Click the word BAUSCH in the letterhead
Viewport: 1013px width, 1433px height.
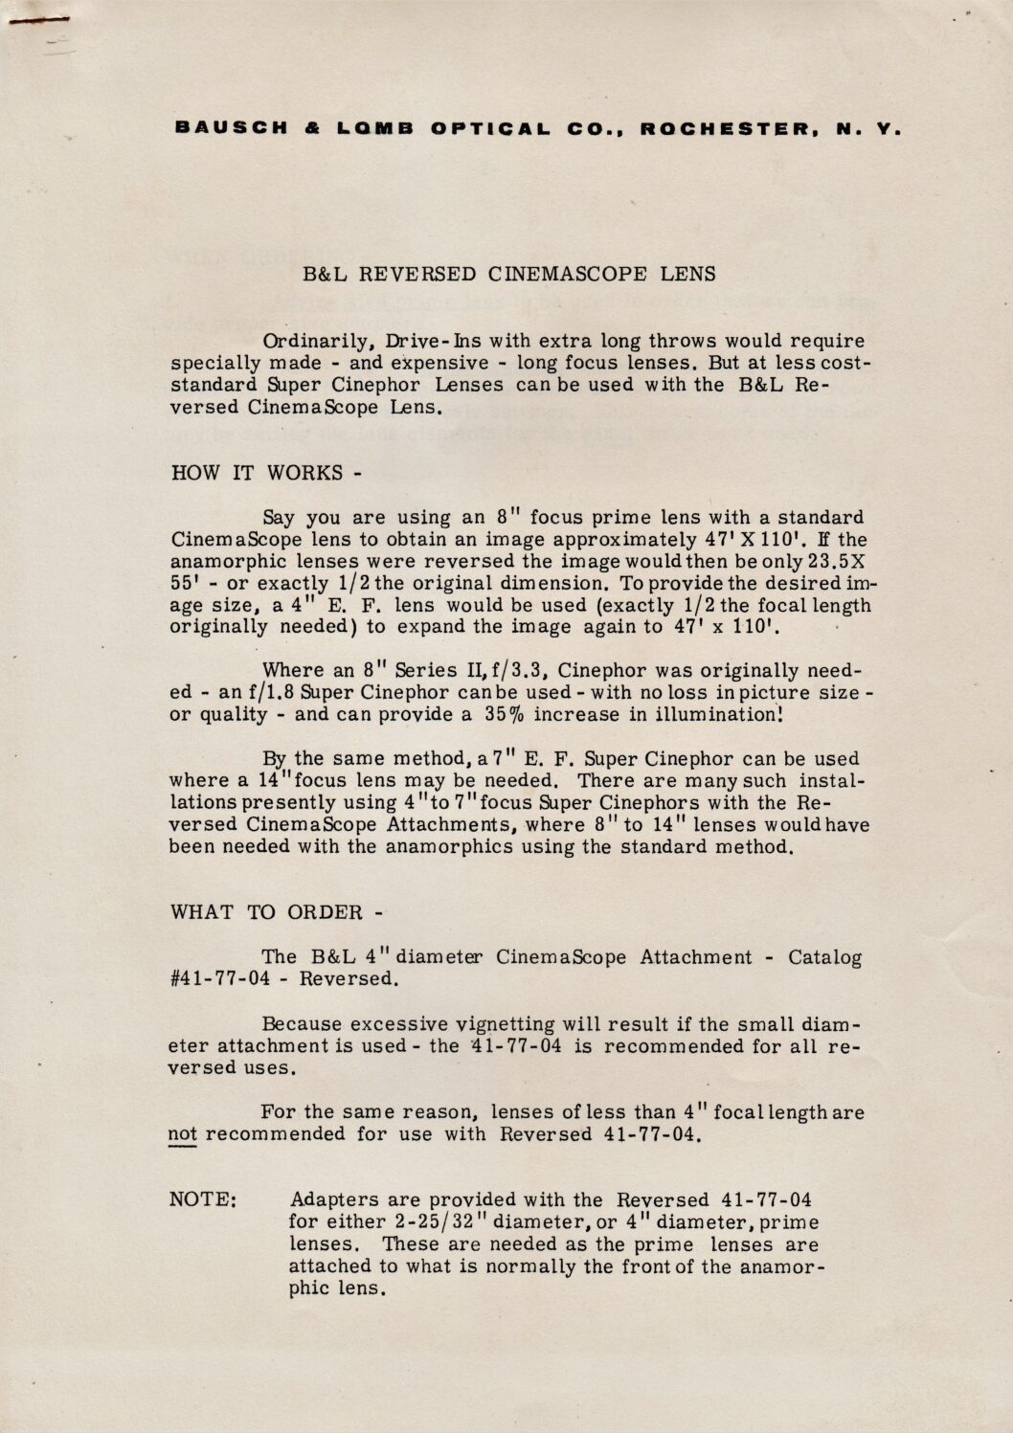(232, 128)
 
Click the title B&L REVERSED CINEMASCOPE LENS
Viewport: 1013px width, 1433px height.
(509, 274)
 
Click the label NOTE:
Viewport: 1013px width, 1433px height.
(203, 1199)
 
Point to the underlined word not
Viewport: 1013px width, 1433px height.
(182, 1134)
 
